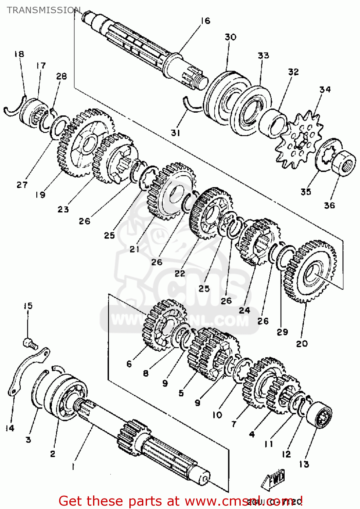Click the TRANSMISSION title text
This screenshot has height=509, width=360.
44,10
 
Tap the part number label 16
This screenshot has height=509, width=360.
205,21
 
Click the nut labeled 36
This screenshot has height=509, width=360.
342,163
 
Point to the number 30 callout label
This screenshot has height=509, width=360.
231,37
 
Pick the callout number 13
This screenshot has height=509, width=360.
304,464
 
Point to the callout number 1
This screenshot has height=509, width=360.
73,467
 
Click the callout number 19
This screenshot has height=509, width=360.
40,195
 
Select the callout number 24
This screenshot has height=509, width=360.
244,310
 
